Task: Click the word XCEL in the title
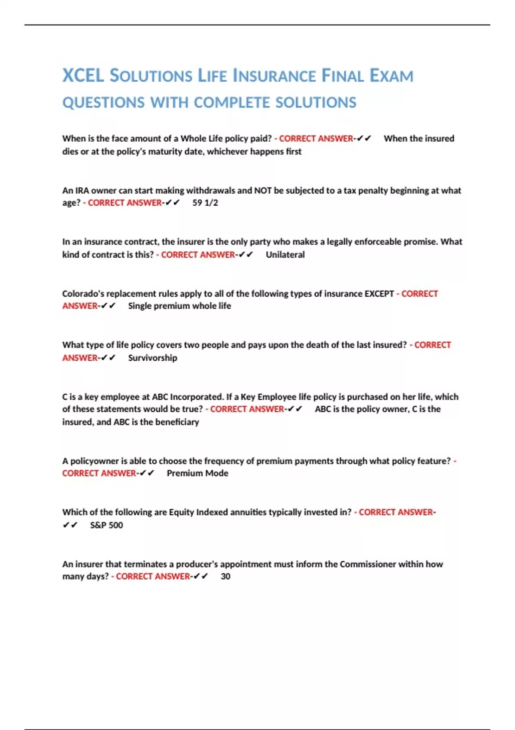(83, 76)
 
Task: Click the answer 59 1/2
(205, 203)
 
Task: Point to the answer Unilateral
(285, 255)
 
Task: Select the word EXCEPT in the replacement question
(379, 294)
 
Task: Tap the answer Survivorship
(152, 358)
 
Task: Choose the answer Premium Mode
(197, 473)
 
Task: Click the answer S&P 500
(106, 525)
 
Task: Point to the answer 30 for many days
(225, 576)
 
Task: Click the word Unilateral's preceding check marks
(246, 255)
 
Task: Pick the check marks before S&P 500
(70, 525)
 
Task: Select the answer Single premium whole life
(179, 306)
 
